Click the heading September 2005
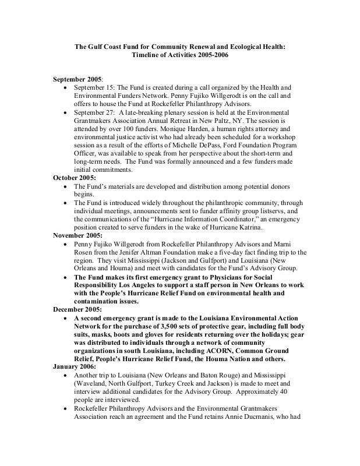[77, 78]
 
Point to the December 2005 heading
[78, 309]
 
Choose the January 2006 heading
[75, 368]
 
